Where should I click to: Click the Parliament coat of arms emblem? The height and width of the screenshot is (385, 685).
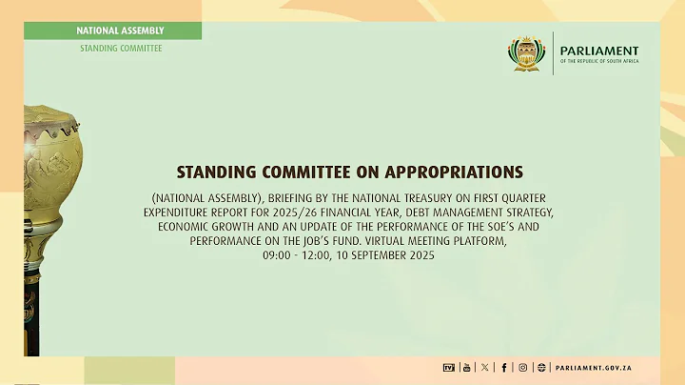point(527,54)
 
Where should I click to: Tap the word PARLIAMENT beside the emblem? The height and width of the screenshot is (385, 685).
point(598,51)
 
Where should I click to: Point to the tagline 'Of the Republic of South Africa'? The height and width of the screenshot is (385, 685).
point(598,62)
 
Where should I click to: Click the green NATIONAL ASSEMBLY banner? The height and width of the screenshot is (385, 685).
point(120,30)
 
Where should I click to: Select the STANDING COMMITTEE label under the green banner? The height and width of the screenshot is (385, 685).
point(120,48)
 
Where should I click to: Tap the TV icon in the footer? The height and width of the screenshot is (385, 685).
point(449,367)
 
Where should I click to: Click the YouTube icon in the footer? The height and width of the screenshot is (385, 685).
point(466,367)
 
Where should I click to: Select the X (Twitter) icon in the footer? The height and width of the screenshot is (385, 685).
point(485,367)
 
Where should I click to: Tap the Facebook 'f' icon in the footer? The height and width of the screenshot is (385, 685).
point(503,367)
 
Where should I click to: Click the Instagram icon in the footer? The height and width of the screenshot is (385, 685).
point(521,367)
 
